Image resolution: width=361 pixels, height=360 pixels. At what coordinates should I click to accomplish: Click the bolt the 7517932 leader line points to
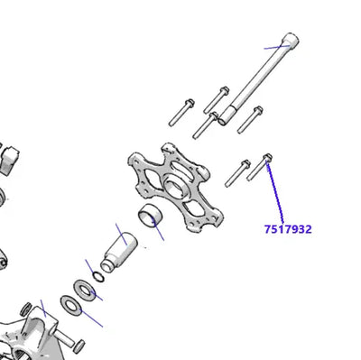pyautogui.click(x=264, y=165)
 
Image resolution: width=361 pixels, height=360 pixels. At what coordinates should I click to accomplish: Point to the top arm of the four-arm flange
pyautogui.click(x=168, y=152)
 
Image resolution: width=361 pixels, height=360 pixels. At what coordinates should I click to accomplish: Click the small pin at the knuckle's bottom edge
pyautogui.click(x=78, y=345)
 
